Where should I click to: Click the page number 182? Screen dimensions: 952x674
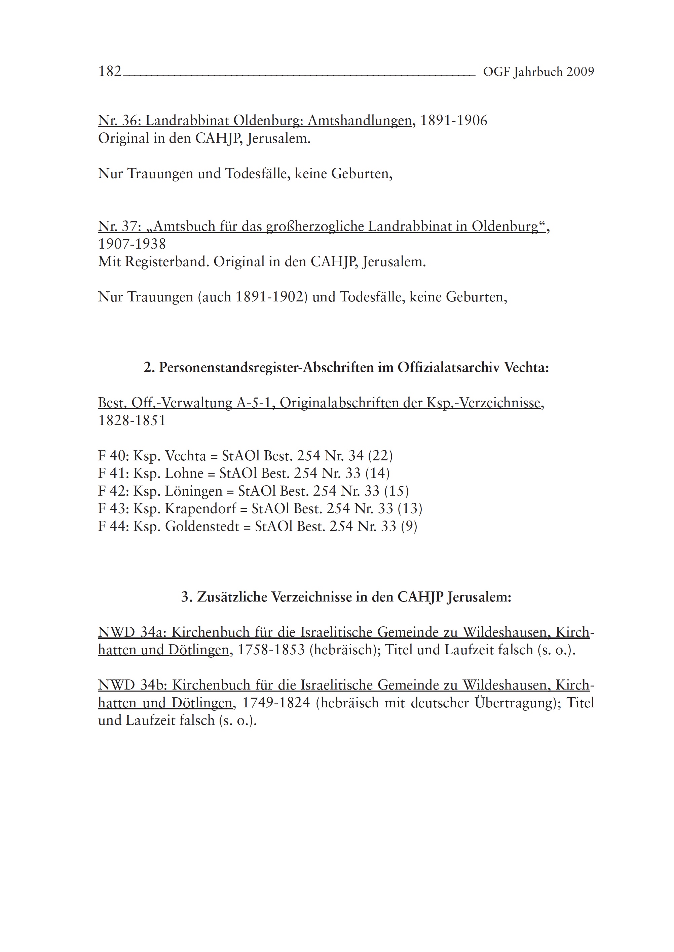[110, 72]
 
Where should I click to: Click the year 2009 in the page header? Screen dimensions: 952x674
[580, 72]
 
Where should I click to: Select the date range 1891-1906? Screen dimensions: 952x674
[454, 121]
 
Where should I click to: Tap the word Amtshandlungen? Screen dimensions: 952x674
[360, 121]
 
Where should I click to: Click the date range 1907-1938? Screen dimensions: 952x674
[132, 244]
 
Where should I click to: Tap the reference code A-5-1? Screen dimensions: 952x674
[256, 403]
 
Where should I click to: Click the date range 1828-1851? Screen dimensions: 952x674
[132, 421]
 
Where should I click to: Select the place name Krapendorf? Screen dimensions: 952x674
[200, 509]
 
